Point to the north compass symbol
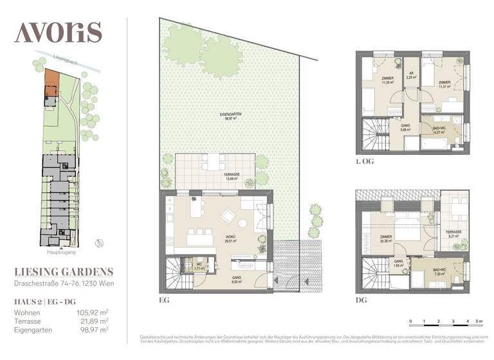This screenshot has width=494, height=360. pos(98,242)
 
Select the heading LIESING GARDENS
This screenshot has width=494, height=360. pos(64,272)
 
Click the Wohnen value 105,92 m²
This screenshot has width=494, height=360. pos(92,312)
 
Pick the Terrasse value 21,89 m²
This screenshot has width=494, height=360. pos(94,321)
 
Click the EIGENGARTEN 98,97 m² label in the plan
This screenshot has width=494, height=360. pos(228,116)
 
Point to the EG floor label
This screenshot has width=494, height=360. pos(165,300)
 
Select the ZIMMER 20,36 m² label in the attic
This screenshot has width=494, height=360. pos(387,241)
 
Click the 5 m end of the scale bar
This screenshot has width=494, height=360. pos(477,319)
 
